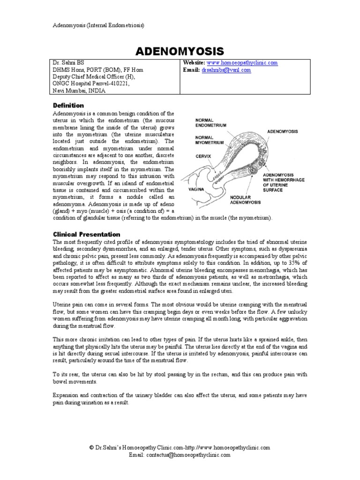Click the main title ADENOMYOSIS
[x=180, y=51]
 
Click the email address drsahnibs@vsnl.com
[x=226, y=70]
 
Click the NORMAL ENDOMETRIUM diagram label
[x=210, y=123]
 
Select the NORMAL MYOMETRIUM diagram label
[x=209, y=139]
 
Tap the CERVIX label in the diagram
[x=203, y=156]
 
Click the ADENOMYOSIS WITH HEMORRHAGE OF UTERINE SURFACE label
[x=280, y=181]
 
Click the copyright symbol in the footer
[x=91, y=448]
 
